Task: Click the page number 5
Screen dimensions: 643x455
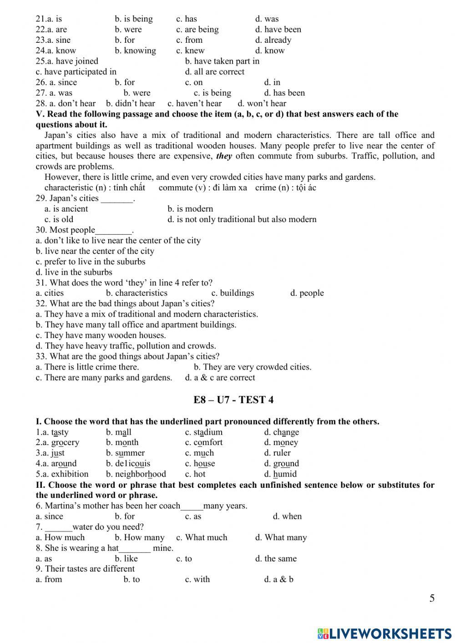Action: coord(432,598)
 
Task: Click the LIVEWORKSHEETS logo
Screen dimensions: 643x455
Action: coord(384,633)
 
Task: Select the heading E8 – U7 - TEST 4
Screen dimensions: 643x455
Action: coord(233,400)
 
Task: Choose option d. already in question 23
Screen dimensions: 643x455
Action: coord(273,40)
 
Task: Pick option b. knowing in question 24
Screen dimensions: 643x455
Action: coord(135,51)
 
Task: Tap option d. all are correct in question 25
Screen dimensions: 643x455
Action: coord(214,72)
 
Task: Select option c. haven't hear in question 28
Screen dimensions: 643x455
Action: coord(194,103)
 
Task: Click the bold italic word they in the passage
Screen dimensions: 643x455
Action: coord(224,156)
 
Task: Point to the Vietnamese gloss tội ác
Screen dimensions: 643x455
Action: coord(306,187)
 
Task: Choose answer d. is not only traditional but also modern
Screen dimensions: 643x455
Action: coord(242,219)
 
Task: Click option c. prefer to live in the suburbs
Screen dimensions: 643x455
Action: coord(91,262)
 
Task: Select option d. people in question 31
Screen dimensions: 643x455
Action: coord(307,293)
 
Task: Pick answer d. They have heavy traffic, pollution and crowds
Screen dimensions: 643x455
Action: coord(126,346)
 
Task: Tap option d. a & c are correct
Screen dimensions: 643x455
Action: coord(220,378)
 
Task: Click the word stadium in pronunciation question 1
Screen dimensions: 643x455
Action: coord(204,432)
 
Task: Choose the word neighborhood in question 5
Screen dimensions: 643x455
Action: coord(136,474)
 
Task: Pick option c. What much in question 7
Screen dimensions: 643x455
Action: coord(202,537)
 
